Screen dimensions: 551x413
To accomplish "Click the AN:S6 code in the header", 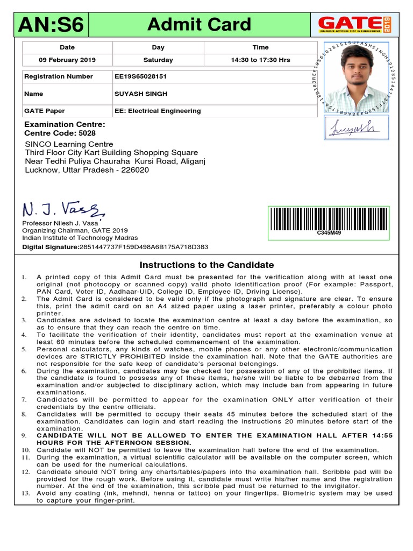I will (51, 25).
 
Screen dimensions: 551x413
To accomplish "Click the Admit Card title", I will (199, 24).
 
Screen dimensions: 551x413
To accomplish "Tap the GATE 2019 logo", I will (355, 24).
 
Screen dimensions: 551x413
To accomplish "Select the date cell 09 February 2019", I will (67, 60).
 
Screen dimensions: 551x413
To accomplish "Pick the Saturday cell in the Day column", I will (158, 60).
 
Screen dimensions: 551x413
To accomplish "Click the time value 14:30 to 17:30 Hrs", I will (260, 60).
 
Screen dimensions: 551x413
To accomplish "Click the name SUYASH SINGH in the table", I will (141, 94).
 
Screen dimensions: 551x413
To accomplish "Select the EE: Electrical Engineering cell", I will (158, 111).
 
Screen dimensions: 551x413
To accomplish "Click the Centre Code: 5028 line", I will (60, 133).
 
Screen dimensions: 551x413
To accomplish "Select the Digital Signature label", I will (51, 247).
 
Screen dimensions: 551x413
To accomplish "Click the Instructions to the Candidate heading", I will (206, 265).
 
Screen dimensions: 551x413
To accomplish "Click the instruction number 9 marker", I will (24, 435).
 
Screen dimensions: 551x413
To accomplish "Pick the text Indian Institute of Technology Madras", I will (80, 238).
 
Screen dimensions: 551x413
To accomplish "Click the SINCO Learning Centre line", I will (69, 144).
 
